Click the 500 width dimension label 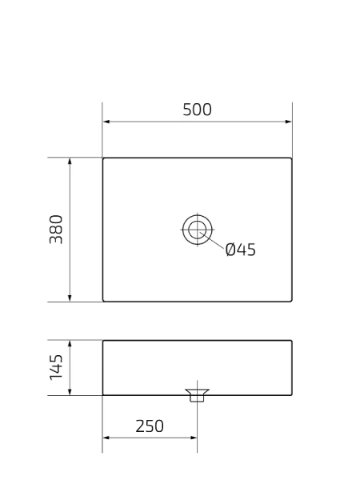pyautogui.click(x=198, y=110)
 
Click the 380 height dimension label pyautogui.click(x=57, y=230)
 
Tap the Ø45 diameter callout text pyautogui.click(x=240, y=250)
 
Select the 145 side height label pyautogui.click(x=57, y=368)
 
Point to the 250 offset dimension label pyautogui.click(x=149, y=426)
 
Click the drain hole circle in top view pyautogui.click(x=196, y=229)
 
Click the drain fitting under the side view pyautogui.click(x=197, y=396)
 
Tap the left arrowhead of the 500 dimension pyautogui.click(x=106, y=122)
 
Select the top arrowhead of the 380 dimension pyautogui.click(x=70, y=161)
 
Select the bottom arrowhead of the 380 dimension pyautogui.click(x=70, y=298)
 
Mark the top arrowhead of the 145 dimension pyautogui.click(x=70, y=344)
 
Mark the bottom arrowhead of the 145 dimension pyautogui.click(x=70, y=391)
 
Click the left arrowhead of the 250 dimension pyautogui.click(x=106, y=438)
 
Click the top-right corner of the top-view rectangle pyautogui.click(x=291, y=158)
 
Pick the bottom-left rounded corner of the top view pyautogui.click(x=104, y=301)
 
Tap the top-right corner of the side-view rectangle pyautogui.click(x=291, y=341)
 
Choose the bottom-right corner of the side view pyautogui.click(x=291, y=394)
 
